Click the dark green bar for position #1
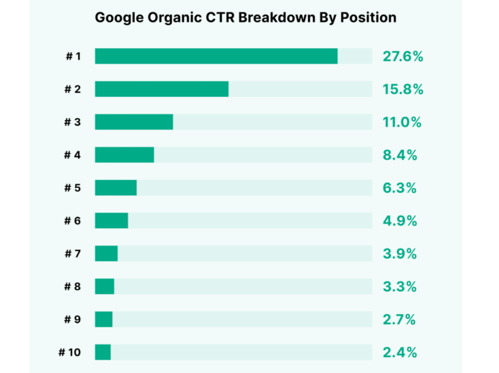coord(216,56)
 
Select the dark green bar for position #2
coord(161,89)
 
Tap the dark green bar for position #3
coord(134,122)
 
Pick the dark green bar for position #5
coord(115,188)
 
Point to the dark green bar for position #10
coord(103,352)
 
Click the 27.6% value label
coord(403,56)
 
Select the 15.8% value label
coord(403,90)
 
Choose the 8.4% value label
coord(400,155)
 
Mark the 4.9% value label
coord(400,221)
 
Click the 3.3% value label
coord(400,287)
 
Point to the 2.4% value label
coord(400,353)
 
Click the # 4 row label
coord(73,155)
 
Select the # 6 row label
coord(73,221)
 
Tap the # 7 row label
coord(73,254)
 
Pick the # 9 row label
coord(73,319)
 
